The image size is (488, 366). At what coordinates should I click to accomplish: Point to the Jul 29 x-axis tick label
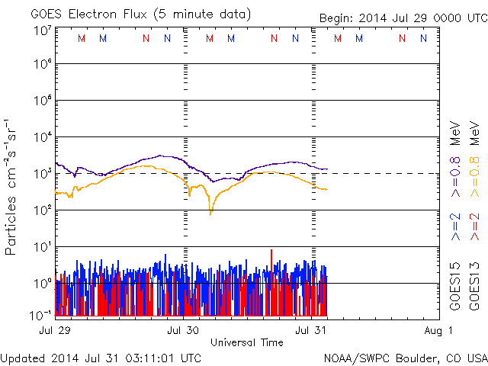(54, 330)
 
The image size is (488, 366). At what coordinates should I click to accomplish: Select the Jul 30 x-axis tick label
(183, 330)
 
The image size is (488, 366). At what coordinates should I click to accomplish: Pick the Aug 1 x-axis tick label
(440, 330)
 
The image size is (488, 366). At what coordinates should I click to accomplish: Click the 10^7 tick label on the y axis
(41, 31)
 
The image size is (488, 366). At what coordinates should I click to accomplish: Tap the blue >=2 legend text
(455, 227)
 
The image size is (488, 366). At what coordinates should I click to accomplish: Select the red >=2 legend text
(474, 227)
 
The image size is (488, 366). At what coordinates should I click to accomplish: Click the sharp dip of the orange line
(211, 213)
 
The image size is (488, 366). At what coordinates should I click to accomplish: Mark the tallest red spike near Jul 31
(271, 251)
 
